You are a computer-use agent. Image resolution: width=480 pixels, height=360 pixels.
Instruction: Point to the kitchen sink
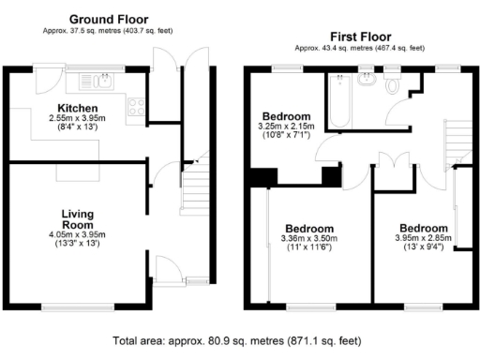(x=96, y=80)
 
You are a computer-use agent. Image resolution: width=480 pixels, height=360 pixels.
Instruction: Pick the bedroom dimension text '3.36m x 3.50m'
(x=308, y=239)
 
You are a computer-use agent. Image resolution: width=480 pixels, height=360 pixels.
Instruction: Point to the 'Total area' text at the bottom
(x=239, y=341)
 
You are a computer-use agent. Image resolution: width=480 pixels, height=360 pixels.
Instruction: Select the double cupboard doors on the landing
(x=392, y=159)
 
